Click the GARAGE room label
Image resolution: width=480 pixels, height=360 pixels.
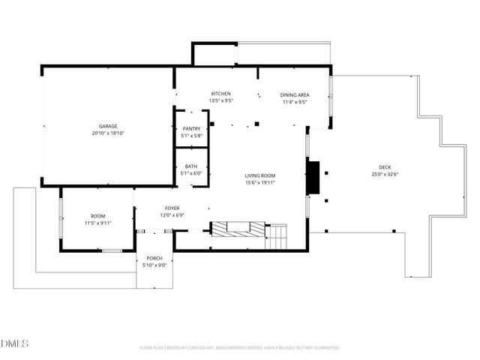click(x=108, y=126)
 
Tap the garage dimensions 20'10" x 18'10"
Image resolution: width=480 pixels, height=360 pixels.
click(x=108, y=133)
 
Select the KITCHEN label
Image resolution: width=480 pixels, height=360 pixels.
click(x=220, y=93)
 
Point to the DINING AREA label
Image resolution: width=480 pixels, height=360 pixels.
click(x=295, y=94)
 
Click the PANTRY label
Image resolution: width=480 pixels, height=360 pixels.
click(x=191, y=129)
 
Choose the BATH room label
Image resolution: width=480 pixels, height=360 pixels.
click(x=191, y=166)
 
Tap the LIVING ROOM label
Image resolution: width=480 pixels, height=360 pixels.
click(x=260, y=175)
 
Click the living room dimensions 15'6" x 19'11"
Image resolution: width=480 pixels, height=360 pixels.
click(x=260, y=182)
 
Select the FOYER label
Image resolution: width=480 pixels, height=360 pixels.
click(x=172, y=208)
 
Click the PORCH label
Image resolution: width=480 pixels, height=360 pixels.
click(x=154, y=258)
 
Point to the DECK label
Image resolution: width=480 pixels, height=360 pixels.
click(x=385, y=167)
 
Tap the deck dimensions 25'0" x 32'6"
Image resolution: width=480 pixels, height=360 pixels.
click(x=385, y=174)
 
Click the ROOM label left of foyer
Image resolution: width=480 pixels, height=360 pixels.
click(x=98, y=216)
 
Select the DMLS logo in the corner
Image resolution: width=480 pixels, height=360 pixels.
click(x=15, y=343)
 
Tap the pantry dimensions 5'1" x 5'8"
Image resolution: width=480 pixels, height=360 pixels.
click(x=191, y=136)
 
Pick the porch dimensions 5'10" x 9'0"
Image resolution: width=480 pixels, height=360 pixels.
click(x=154, y=265)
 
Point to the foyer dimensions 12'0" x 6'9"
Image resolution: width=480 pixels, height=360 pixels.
click(x=172, y=215)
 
